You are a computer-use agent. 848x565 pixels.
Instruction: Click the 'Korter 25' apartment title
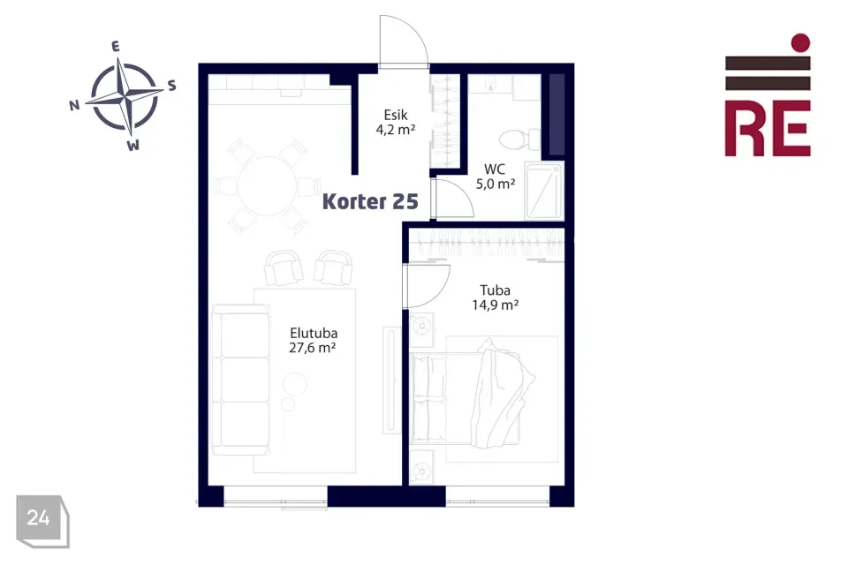click(370, 201)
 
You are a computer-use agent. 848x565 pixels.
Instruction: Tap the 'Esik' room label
click(396, 115)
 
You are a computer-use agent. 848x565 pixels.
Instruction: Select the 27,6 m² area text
click(312, 348)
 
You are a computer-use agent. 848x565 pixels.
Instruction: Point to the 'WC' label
click(495, 169)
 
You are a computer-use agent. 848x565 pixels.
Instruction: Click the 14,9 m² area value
click(495, 305)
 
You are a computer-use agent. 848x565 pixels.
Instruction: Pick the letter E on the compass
click(115, 47)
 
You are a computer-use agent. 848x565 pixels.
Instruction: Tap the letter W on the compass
click(133, 145)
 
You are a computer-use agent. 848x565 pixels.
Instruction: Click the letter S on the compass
click(171, 86)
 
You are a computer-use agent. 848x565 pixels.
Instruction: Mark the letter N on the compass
click(74, 105)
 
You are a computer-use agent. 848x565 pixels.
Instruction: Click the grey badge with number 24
click(42, 521)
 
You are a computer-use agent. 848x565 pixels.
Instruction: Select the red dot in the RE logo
click(800, 42)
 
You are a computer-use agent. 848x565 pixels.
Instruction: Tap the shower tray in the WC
click(544, 191)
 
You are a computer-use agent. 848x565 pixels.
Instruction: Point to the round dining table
click(268, 185)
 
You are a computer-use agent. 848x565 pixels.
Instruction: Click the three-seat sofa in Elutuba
click(240, 380)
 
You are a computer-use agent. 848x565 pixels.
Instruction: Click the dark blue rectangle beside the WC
click(556, 115)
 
